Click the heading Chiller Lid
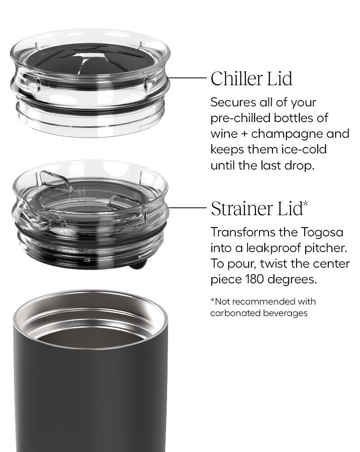coord(251,78)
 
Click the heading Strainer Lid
coord(256,208)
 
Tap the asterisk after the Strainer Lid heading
coord(306,204)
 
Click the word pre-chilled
coord(240,118)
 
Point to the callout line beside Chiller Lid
coord(187,78)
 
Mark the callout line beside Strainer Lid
coord(187,207)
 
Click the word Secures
coord(233,103)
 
